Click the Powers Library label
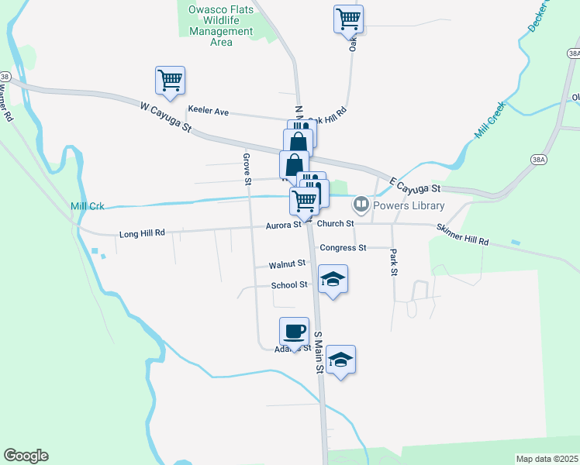[409, 205]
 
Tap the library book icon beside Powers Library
[361, 205]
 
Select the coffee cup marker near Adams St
[294, 331]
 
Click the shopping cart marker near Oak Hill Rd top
[348, 19]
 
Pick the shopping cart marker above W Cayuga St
[170, 79]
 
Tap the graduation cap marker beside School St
[333, 279]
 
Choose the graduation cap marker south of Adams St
[340, 359]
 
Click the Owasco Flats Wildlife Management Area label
[221, 26]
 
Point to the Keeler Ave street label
[208, 112]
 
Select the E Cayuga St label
[415, 186]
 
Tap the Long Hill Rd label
[142, 232]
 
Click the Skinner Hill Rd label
[462, 235]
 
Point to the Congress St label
[343, 248]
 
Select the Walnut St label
[287, 264]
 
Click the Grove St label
[247, 170]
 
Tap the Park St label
[394, 262]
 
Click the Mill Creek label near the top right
[490, 120]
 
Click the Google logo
[26, 456]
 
